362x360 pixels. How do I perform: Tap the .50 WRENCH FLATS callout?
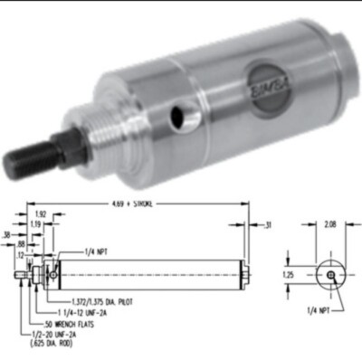[73, 323]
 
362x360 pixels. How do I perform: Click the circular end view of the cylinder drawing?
[329, 274]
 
